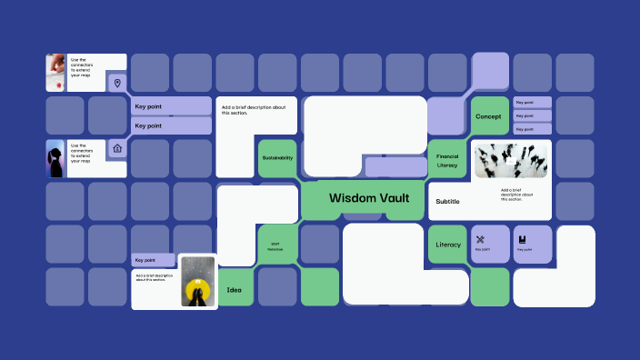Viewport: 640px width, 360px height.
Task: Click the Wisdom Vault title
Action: [x=369, y=197]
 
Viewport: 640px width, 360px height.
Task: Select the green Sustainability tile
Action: [x=277, y=158]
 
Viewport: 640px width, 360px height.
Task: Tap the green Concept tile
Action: [x=487, y=116]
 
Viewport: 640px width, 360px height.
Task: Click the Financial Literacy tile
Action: [x=447, y=159]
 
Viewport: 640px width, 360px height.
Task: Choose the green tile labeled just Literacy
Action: [x=448, y=245]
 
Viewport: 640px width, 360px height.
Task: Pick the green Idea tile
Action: [x=235, y=289]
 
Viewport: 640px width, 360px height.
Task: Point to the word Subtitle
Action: [x=447, y=202]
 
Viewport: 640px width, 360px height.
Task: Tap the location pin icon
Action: [x=116, y=84]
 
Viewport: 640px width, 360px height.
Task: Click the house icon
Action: [x=116, y=148]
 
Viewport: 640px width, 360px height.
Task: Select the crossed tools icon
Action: [x=481, y=239]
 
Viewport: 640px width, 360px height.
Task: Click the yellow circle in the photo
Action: [x=198, y=291]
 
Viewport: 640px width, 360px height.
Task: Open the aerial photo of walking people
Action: [x=511, y=161]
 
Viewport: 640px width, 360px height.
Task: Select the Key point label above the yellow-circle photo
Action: [x=153, y=260]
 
